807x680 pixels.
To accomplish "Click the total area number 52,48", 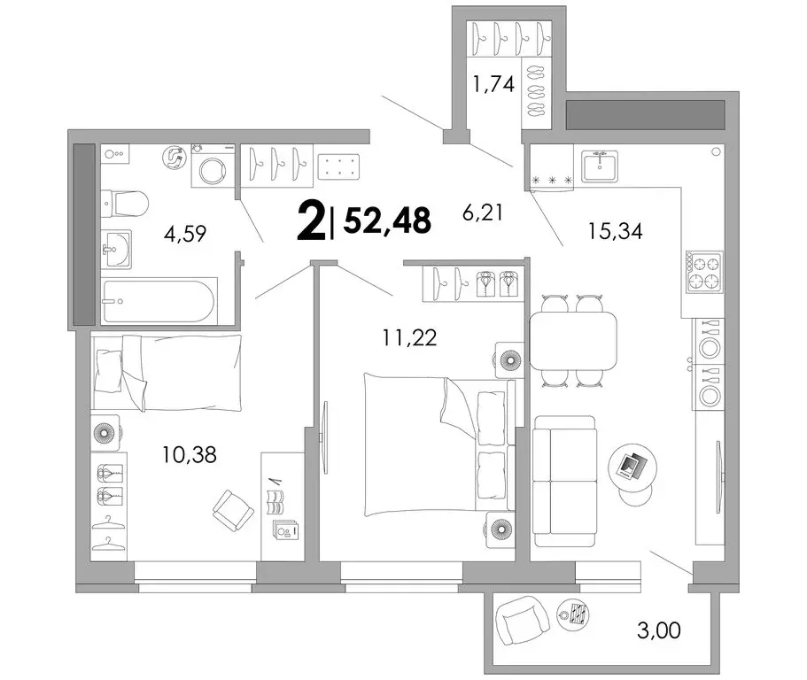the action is coord(387,220).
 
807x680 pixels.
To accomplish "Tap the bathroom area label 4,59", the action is coord(185,234).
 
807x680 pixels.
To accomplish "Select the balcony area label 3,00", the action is coord(659,630).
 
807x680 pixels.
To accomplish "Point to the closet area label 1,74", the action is coord(493,83).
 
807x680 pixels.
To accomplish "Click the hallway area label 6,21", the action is coord(482,212).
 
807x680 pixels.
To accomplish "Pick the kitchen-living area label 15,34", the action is coord(615,231).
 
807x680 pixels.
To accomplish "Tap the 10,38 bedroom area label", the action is coord(190,455).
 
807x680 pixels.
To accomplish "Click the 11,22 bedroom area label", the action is coord(409,337).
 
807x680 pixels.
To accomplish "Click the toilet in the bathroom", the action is coord(125,204).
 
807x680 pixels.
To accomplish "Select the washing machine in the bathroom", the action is coord(213,165).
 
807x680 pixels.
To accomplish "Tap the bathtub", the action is coord(158,301).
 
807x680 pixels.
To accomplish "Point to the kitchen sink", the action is coord(600,166).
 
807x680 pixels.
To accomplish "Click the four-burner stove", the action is coord(704,272).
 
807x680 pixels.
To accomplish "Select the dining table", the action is coord(573,341).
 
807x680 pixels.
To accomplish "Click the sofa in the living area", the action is coord(564,481).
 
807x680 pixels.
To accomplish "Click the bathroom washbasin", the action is coord(116,249).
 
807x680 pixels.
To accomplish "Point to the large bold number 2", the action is coord(311,220).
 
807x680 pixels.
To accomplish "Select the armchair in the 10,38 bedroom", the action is coord(233,510).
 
